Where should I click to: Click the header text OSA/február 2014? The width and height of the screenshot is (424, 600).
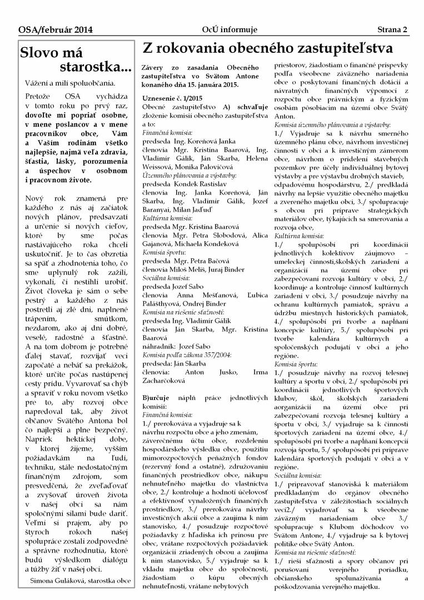point(48,29)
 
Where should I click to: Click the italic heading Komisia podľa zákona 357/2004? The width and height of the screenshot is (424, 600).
point(183,354)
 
